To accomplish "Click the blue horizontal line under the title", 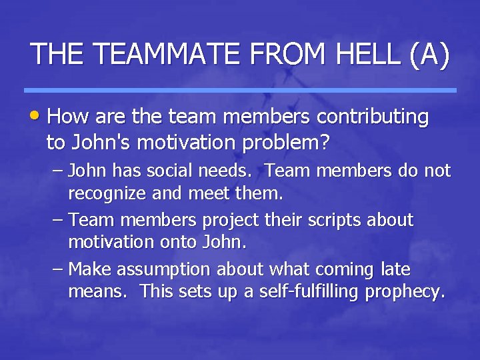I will [240, 90].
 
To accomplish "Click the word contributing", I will [373, 117].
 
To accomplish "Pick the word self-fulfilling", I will [308, 292].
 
